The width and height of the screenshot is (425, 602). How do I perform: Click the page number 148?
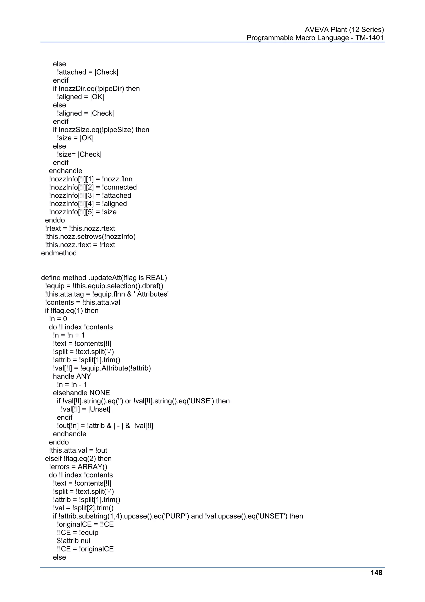(376, 573)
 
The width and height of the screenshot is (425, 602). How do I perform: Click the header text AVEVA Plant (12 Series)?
(344, 30)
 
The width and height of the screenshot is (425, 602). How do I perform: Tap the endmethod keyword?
(59, 253)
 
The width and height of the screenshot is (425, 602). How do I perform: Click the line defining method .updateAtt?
(104, 278)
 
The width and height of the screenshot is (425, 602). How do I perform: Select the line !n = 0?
(58, 319)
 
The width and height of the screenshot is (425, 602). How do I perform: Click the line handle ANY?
(72, 376)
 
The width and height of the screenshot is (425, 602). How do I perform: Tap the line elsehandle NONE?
(81, 393)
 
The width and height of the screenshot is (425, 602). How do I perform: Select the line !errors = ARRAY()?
(78, 467)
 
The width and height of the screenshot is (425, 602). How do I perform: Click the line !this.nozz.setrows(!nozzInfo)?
(90, 236)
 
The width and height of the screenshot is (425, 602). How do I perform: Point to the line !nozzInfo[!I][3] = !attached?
(90, 195)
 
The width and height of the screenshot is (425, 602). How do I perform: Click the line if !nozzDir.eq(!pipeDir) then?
(96, 89)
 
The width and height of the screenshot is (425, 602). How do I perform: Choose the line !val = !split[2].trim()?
(83, 508)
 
